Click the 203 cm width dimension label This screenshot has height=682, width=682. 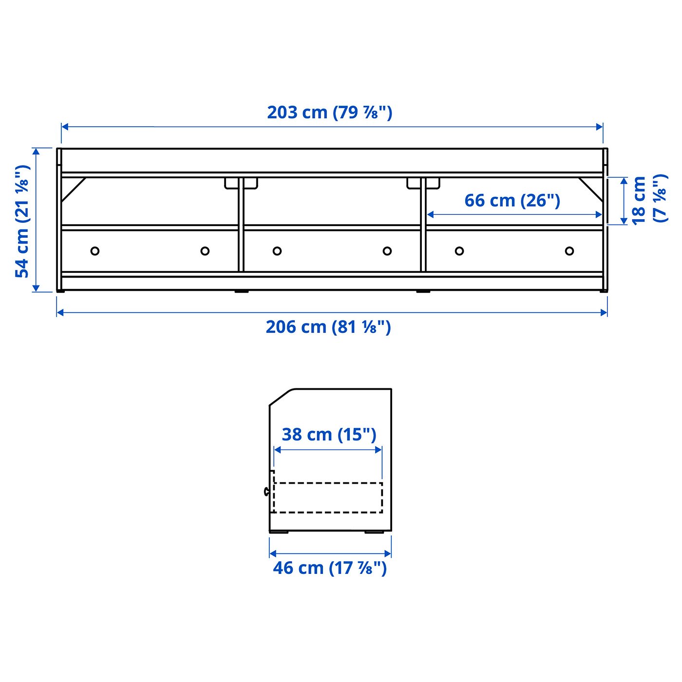point(329,113)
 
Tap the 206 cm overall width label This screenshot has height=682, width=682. point(328,327)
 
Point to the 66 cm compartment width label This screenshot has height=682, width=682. point(512,200)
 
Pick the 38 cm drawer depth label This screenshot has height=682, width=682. point(329,434)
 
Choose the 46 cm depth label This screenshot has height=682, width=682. point(330,568)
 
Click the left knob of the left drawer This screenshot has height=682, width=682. point(95,251)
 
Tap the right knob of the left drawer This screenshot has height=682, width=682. point(205,251)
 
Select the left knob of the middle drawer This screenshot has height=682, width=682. point(277,251)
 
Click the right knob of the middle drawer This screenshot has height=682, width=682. point(387,251)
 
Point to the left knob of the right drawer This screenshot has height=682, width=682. point(459,251)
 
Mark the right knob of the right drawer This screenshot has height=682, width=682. point(569,251)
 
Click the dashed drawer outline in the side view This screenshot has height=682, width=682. point(328,497)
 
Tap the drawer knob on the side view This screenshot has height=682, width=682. point(266,492)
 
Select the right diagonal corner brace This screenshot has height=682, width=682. point(591,189)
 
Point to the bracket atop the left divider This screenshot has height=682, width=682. point(241,184)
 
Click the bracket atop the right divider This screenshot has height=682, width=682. point(423,184)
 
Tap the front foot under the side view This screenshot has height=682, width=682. point(279,531)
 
